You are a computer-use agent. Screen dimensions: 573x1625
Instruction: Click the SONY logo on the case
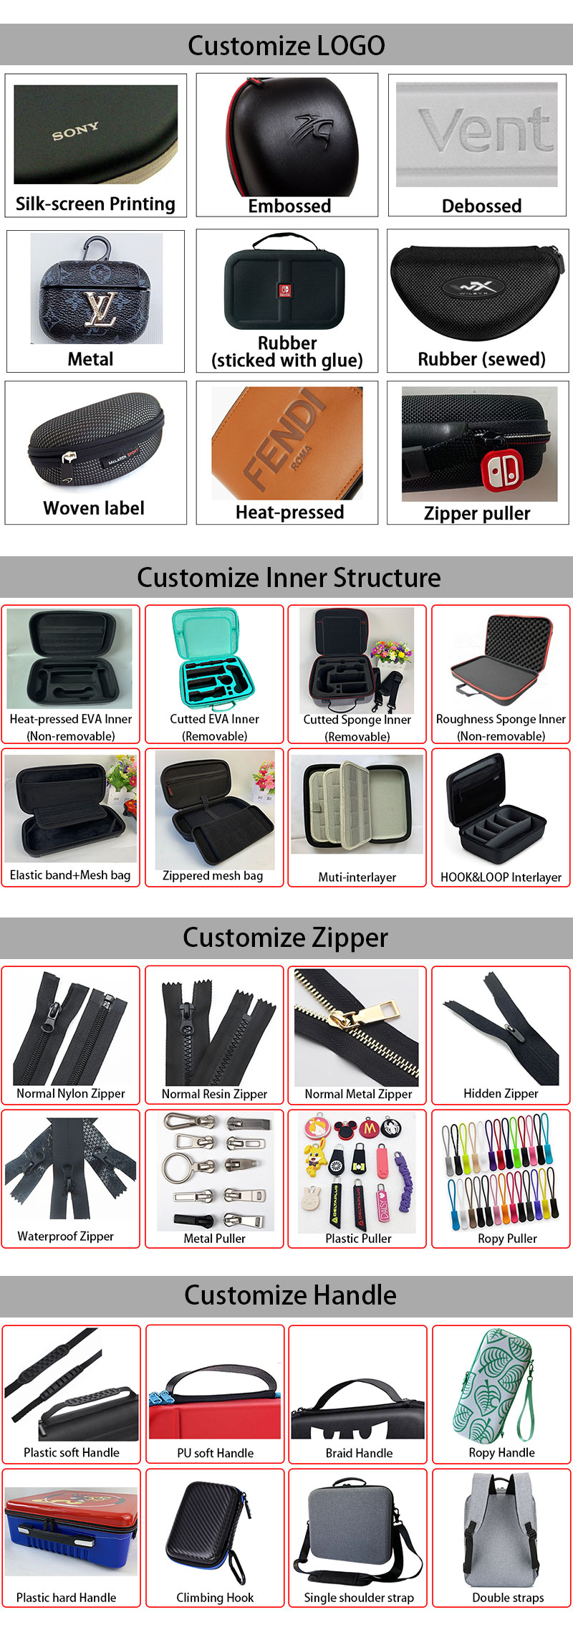pyautogui.click(x=75, y=132)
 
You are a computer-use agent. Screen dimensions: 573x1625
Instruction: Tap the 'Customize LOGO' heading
pyautogui.click(x=286, y=46)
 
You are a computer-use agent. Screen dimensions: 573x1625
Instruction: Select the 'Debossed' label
pyautogui.click(x=481, y=206)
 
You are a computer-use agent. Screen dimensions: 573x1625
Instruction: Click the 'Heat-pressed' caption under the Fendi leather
pyautogui.click(x=289, y=513)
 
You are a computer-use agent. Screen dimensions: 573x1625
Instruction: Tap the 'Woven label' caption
pyautogui.click(x=94, y=508)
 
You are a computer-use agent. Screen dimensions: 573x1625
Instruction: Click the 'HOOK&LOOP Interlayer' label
pyautogui.click(x=501, y=877)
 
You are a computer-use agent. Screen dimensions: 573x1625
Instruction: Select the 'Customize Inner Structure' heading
pyautogui.click(x=289, y=578)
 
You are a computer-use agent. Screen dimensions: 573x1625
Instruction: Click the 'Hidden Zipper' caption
pyautogui.click(x=501, y=1094)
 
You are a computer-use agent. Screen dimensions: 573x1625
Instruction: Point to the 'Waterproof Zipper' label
pyautogui.click(x=66, y=1236)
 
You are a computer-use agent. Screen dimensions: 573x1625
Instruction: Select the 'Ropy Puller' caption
pyautogui.click(x=507, y=1239)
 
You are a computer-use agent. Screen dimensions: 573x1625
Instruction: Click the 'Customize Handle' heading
pyautogui.click(x=290, y=1295)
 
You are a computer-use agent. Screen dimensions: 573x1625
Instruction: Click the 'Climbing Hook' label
pyautogui.click(x=215, y=1598)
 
